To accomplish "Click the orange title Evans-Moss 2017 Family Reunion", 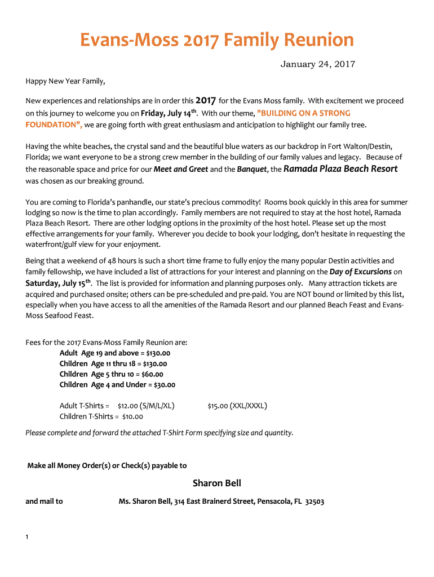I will pos(217,41).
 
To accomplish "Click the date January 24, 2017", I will pos(318,64).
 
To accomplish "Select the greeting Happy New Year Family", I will pos(65,81).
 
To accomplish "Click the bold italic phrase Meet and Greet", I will pos(181,170).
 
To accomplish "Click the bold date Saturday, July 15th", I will pos(59,283).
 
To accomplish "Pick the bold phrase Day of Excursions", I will pos(360,272).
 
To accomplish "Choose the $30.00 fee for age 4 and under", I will pos(163,385).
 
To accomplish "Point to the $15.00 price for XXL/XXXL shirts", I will pos(218,406).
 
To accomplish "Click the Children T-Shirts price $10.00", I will pos(132,416).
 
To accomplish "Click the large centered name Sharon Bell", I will pos(216,483).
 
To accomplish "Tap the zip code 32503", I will pos(314,501).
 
